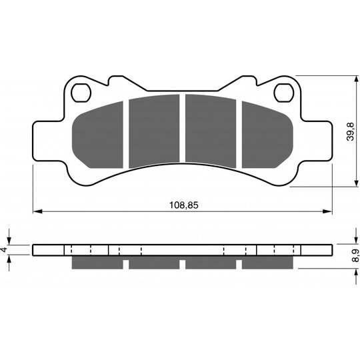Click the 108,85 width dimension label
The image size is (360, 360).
183,205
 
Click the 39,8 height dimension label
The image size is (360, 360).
351,131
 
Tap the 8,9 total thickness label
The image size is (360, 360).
355,255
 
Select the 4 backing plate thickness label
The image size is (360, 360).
4,249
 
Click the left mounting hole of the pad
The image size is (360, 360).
81,93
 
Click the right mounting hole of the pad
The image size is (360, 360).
284,93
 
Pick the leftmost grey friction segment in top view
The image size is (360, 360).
97,135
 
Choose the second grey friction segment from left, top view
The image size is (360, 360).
154,131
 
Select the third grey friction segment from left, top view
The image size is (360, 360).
211,131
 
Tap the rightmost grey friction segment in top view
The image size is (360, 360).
267,135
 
